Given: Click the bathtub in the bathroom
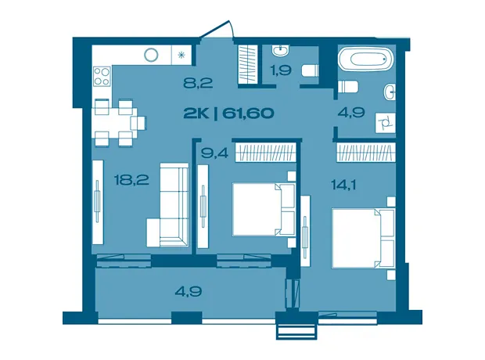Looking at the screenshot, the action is [367, 59].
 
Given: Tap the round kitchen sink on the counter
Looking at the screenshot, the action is [151, 55].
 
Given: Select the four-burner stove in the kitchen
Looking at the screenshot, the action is [102, 76].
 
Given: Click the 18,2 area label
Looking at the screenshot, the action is [131, 179].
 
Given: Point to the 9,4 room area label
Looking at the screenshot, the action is [214, 153].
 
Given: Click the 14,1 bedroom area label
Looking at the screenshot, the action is [343, 185].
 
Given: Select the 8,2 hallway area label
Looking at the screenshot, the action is [198, 83].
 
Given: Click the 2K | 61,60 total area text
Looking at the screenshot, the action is [228, 113].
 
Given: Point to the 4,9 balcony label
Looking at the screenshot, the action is [189, 291].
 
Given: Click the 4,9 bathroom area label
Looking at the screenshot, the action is [352, 112].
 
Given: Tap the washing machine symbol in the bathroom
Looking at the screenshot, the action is [386, 123].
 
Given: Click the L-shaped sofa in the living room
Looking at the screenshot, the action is [167, 205].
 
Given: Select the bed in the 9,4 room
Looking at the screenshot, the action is [264, 209].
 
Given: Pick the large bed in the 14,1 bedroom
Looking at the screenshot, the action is [363, 239].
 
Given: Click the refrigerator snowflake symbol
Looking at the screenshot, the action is [181, 55].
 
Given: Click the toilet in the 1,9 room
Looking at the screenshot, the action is [310, 70].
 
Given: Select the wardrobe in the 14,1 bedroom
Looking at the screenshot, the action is [366, 152].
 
